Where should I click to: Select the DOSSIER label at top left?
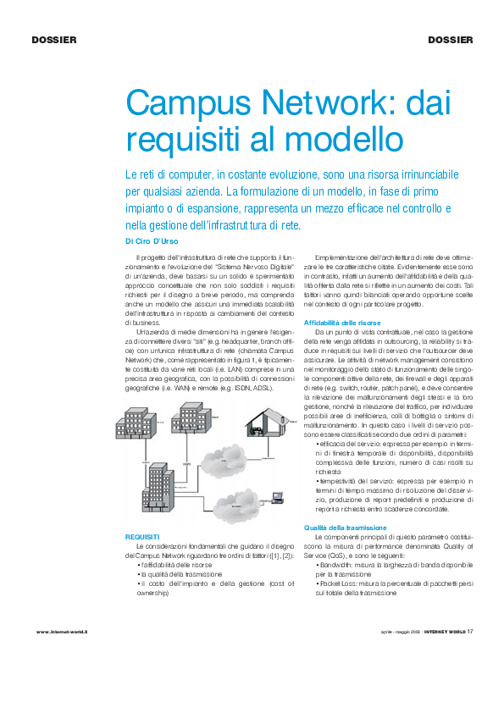pyautogui.click(x=54, y=40)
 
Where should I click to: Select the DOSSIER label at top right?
pyautogui.click(x=450, y=40)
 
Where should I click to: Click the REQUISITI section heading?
pyautogui.click(x=142, y=537)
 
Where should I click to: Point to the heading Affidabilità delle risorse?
pyautogui.click(x=342, y=323)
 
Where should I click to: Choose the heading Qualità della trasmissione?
pyautogui.click(x=345, y=528)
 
